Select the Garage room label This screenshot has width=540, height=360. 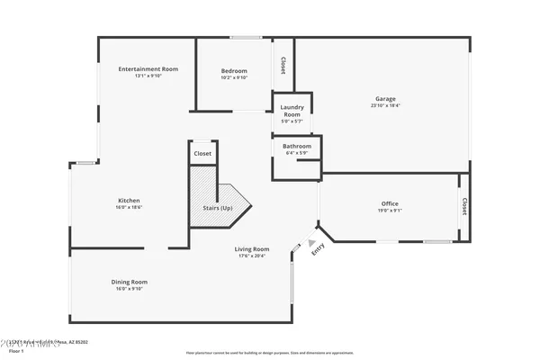tap(385, 99)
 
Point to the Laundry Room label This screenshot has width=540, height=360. tap(292, 111)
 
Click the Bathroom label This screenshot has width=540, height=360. tap(297, 146)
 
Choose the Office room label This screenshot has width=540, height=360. tap(390, 203)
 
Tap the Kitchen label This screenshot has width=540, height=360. tap(129, 200)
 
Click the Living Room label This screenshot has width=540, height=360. tap(252, 249)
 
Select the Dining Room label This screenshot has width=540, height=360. tap(129, 282)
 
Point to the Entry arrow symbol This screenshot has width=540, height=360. tap(311, 242)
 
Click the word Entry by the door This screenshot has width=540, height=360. tap(317, 253)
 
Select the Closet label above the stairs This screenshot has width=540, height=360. tap(202, 154)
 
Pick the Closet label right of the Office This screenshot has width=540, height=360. tap(464, 206)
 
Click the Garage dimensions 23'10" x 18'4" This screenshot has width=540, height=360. tap(385, 105)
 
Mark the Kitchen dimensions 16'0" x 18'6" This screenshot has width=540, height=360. tap(129, 207)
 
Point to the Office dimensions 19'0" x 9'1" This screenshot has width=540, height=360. tap(390, 211)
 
